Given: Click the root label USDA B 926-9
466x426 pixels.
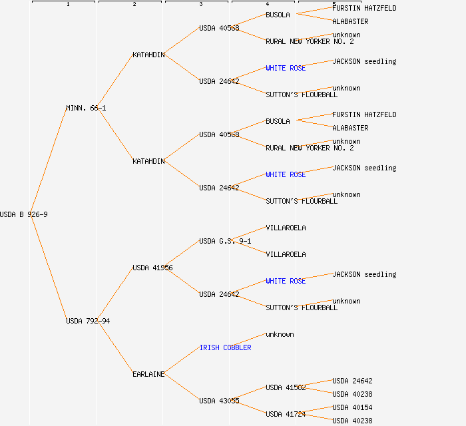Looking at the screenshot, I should click(24, 214).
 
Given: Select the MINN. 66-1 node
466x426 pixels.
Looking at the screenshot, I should click(86, 108).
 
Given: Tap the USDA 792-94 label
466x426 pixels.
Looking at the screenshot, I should click(88, 321).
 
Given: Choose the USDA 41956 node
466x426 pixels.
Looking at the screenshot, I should click(152, 268).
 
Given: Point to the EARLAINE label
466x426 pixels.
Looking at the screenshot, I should click(148, 374).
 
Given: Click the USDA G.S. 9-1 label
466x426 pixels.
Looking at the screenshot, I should click(225, 241).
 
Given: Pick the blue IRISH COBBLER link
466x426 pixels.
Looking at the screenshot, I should click(225, 347).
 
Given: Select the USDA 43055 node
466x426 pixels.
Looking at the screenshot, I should click(219, 401).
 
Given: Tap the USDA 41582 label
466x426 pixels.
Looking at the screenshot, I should click(286, 387).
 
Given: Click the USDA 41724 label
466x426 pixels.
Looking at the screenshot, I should click(286, 414).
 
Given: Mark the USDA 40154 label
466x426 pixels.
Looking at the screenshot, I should click(352, 407).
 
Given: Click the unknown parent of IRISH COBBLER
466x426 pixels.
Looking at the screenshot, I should click(280, 334).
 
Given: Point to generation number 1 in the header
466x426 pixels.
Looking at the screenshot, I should click(67, 5).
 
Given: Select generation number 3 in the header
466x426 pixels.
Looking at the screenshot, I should click(200, 5).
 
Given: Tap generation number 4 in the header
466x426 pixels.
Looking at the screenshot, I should click(267, 5).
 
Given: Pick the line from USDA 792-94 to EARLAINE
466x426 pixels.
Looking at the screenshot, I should click(116, 347).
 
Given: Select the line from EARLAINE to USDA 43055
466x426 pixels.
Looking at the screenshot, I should click(182, 387).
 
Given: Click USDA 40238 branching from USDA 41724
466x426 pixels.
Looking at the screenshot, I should click(352, 421).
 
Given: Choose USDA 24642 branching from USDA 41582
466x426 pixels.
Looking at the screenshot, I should click(352, 381).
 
